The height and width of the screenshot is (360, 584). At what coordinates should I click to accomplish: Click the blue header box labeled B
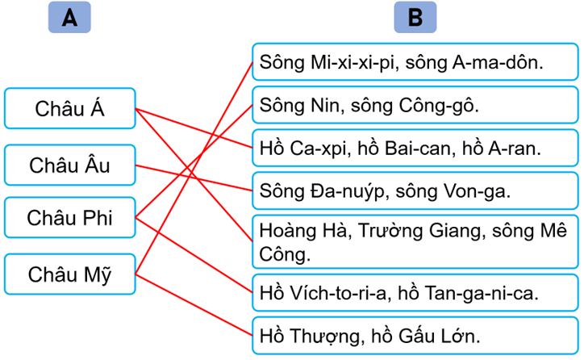pyautogui.click(x=415, y=18)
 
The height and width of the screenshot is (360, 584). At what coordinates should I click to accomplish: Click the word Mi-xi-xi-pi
pyautogui.click(x=348, y=61)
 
